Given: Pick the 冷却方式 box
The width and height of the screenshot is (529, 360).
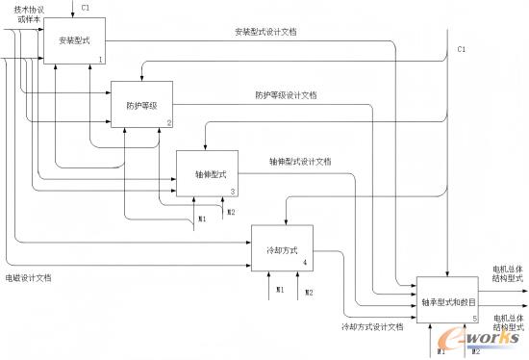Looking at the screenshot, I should click(280, 247).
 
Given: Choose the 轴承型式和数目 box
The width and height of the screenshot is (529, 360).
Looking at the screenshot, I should click(447, 300).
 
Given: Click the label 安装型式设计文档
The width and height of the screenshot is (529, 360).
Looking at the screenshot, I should click(265, 32).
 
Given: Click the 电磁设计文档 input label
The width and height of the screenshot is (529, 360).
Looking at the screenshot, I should click(28, 277).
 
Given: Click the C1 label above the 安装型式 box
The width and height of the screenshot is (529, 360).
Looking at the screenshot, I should click(87, 8).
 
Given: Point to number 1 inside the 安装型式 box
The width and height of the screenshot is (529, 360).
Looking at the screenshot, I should click(100, 60).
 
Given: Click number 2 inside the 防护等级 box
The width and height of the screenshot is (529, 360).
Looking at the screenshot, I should click(168, 122).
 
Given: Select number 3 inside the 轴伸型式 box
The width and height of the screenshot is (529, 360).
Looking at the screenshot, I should click(232, 192).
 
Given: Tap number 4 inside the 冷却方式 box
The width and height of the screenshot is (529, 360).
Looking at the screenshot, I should click(305, 263).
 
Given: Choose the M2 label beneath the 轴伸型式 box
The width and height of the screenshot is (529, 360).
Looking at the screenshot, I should click(231, 212).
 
